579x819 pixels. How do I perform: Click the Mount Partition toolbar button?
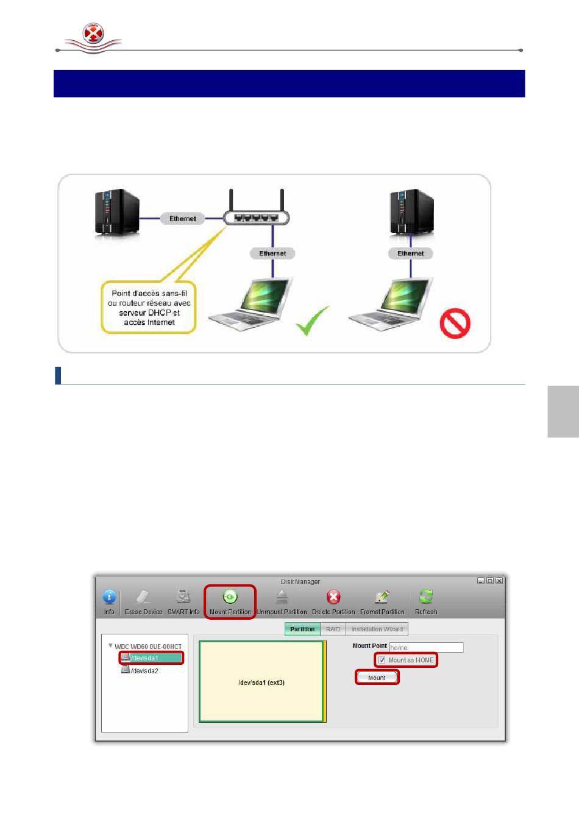pos(230,601)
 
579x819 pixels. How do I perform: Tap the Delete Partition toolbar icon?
pos(333,601)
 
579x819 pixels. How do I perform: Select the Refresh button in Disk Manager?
pos(426,601)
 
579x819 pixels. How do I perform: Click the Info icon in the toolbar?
pos(109,601)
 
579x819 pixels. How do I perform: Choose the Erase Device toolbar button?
pos(143,601)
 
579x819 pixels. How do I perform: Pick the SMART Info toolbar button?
pos(183,601)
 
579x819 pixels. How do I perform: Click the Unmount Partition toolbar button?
pos(282,601)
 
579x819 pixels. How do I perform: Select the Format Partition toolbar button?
pos(382,601)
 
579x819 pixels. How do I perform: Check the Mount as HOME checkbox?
pos(382,660)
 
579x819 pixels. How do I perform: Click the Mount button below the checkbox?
pos(377,678)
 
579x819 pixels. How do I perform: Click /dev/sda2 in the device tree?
pos(145,671)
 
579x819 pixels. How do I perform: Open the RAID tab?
pos(333,629)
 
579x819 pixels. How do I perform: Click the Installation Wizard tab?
pos(377,629)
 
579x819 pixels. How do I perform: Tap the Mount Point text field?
pos(426,647)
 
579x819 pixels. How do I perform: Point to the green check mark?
pos(313,321)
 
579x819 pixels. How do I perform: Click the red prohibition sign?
pos(455,323)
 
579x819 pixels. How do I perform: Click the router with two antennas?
pos(256,214)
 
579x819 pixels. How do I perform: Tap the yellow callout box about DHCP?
pos(149,308)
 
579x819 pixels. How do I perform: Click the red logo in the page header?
pos(93,34)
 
